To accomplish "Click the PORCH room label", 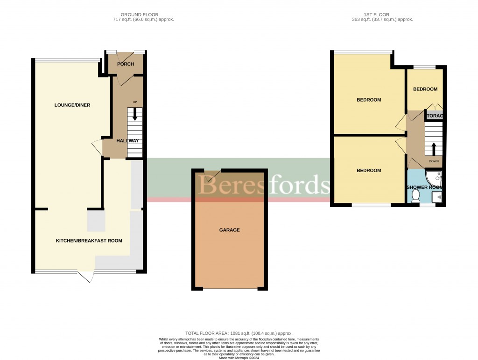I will [x=126, y=64].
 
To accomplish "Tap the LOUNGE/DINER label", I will [x=72, y=105].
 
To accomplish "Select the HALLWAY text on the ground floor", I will [x=127, y=140].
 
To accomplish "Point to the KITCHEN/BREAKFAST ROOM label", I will [x=89, y=241].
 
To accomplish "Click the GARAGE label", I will [x=229, y=230].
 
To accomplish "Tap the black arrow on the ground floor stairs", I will [x=135, y=115].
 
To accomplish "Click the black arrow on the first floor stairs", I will [x=434, y=149].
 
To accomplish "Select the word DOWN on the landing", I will [x=434, y=161].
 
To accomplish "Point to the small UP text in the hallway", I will [x=135, y=102].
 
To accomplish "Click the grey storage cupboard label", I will [x=434, y=116].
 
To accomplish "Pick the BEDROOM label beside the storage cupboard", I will [x=425, y=89].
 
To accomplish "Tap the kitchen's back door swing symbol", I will [x=86, y=277].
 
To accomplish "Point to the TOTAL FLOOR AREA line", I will [x=239, y=333].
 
